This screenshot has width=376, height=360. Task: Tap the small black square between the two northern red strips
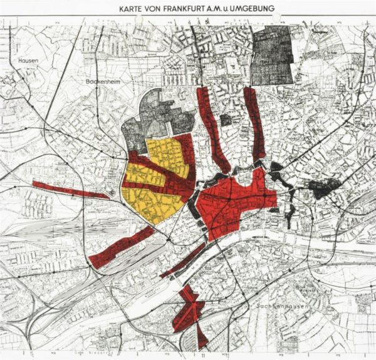coord(226,118)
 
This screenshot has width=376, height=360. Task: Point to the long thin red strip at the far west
coord(69,189)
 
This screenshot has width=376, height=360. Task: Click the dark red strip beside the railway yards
coord(122,247)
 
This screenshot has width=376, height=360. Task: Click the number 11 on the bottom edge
coord(203,354)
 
